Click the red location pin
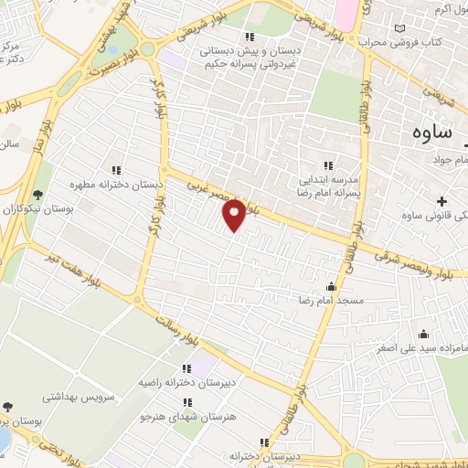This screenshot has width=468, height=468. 234,214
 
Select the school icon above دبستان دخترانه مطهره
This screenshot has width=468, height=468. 116,169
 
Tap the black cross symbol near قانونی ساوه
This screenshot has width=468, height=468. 442,201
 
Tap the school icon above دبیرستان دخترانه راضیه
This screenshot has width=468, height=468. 170,368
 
